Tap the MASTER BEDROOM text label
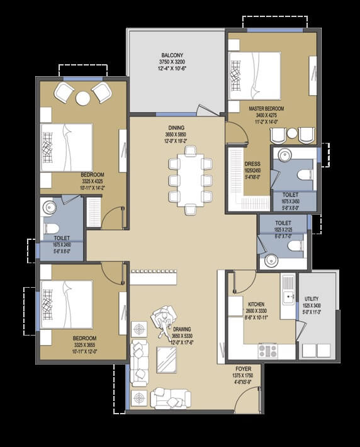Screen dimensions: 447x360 [x=266, y=109]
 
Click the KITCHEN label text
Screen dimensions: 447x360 [x=256, y=304]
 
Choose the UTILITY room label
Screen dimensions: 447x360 [x=312, y=300]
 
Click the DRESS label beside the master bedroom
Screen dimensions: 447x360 [x=252, y=164]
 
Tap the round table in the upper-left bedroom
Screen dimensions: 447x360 [x=83, y=98]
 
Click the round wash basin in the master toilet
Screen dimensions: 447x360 [x=284, y=156]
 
